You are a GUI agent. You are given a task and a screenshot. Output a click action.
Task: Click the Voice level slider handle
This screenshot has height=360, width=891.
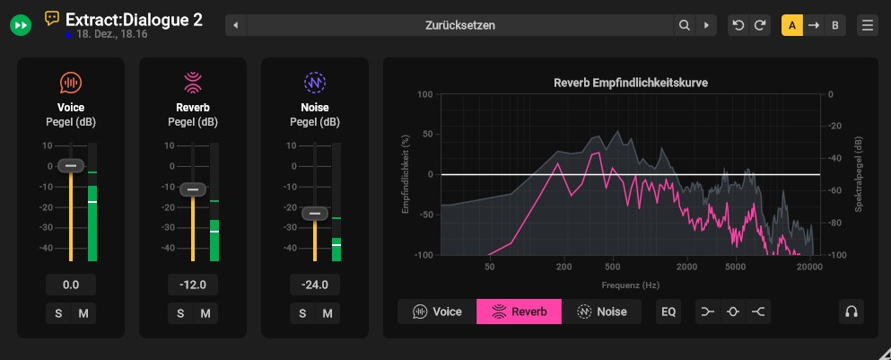coord(71,165)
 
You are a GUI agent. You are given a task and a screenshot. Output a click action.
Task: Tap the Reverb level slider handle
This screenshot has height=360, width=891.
coord(193,189)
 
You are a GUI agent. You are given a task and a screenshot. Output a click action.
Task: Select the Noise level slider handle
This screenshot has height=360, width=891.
coord(314,214)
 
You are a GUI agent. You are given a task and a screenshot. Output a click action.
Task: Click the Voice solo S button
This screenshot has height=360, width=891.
coord(58,313)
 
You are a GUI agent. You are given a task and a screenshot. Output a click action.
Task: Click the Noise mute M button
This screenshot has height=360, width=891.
coord(328,313)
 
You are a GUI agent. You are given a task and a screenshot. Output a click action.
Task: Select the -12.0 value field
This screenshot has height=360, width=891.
coord(193,285)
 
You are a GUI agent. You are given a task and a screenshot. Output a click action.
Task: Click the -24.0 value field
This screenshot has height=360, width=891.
coord(315,285)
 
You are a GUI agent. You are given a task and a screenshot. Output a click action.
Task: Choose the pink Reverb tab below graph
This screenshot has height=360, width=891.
coord(519,312)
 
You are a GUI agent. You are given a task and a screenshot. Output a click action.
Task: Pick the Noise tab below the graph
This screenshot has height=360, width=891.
coord(601,312)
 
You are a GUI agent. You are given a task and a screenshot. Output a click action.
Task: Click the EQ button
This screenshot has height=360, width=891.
coord(668,312)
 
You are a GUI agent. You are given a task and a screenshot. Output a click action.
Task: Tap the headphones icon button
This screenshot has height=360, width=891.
coord(852,312)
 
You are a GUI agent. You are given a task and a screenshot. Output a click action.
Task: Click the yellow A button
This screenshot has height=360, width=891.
coord(792,25)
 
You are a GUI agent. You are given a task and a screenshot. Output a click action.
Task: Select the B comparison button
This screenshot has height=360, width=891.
coord(835,25)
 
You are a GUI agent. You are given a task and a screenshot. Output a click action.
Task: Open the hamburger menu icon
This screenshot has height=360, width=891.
coord(868,25)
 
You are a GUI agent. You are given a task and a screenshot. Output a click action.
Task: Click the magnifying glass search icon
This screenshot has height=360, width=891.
coord(685,25)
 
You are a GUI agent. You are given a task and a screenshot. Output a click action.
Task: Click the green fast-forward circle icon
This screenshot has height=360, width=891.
coord(21,25)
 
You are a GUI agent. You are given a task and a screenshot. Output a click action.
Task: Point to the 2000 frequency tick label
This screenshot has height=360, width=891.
coord(686,268)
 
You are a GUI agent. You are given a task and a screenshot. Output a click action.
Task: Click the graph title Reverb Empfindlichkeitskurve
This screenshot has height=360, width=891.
coord(631,83)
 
